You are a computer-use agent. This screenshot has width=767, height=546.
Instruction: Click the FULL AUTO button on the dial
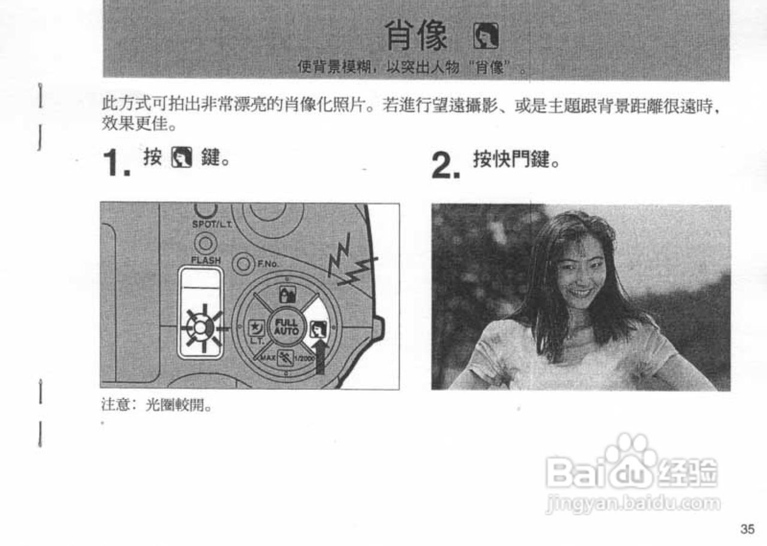(286, 328)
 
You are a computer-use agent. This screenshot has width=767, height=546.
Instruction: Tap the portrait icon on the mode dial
(317, 328)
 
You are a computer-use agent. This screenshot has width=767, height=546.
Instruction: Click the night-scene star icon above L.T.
(254, 328)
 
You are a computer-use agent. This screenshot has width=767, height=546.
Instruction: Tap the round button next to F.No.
(243, 263)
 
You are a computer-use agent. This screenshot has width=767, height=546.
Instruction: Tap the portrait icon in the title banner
(485, 37)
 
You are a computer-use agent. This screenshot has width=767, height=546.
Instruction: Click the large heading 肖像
(416, 35)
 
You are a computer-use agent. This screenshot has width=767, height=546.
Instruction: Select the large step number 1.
(116, 163)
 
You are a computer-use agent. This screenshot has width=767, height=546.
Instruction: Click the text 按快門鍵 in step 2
(516, 160)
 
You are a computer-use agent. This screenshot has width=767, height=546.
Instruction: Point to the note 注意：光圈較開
(156, 406)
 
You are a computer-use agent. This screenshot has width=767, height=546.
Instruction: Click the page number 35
(747, 529)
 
